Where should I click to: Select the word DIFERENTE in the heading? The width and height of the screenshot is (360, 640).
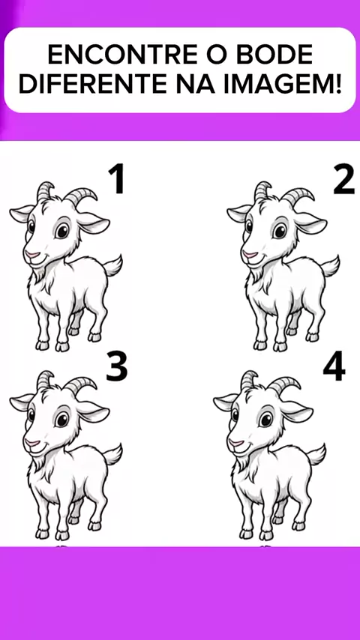pos(92,84)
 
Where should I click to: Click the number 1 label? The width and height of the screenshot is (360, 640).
pos(116,178)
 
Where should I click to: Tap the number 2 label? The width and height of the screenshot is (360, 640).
pos(344,178)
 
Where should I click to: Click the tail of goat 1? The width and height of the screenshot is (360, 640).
pos(112,266)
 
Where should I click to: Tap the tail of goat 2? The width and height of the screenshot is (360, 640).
pos(330,266)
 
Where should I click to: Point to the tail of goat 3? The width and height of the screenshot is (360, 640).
pos(112,454)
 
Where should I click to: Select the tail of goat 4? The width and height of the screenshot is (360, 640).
pos(316,454)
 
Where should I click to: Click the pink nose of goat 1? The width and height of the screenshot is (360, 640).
pos(31,255)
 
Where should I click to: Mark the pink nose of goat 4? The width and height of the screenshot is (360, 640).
pos(235,443)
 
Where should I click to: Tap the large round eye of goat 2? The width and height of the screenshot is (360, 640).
pos(280,231)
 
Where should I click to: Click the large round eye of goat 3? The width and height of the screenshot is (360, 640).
pos(62,419)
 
